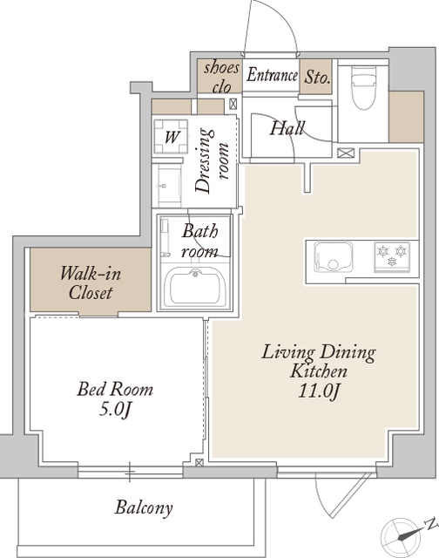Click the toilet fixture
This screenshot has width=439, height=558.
[x=363, y=87]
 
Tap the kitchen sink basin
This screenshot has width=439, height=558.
[x=333, y=257]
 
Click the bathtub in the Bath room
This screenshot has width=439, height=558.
[x=195, y=286]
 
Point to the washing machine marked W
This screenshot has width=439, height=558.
[x=171, y=137]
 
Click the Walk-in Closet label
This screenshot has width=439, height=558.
[x=91, y=282]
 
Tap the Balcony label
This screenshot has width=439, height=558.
[x=144, y=507]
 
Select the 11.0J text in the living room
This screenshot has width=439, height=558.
[x=320, y=391]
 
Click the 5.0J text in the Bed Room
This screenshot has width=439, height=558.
[x=115, y=410]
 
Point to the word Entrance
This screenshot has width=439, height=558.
[x=273, y=75]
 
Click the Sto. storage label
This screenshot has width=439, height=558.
[x=317, y=77]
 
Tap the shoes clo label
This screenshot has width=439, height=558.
[x=221, y=78]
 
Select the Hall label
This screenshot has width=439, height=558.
[x=287, y=128]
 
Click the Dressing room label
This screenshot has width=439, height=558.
[x=212, y=160]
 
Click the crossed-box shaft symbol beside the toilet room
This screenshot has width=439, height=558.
[x=346, y=153]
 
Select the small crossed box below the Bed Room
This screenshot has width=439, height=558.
[x=199, y=463]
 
